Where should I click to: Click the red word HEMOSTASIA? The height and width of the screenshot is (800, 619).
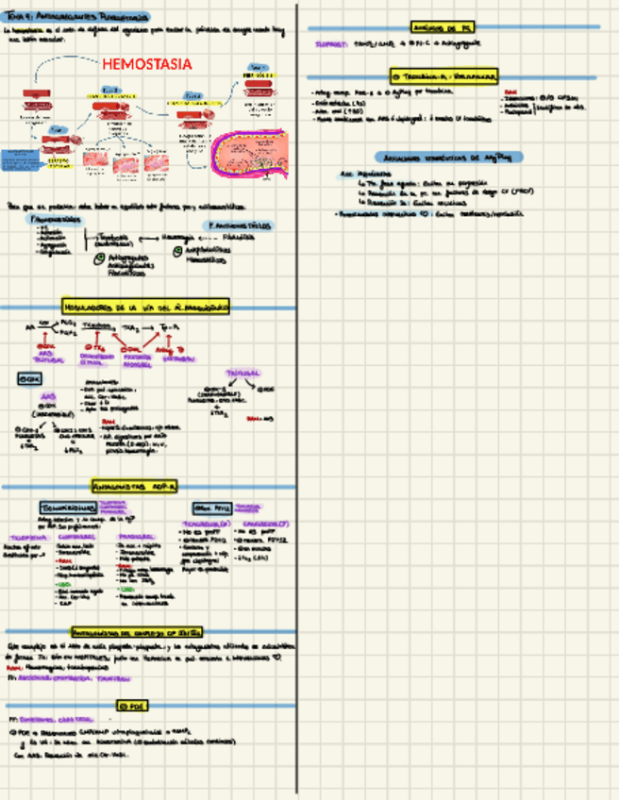click(x=146, y=64)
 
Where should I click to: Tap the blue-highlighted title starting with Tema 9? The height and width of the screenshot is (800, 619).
click(x=76, y=17)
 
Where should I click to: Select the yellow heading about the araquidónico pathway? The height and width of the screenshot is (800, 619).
click(x=145, y=307)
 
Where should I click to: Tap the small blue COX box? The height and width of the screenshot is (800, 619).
click(x=29, y=378)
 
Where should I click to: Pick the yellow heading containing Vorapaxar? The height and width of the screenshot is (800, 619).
click(x=444, y=75)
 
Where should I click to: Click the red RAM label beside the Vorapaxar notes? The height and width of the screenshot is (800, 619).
click(x=510, y=92)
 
